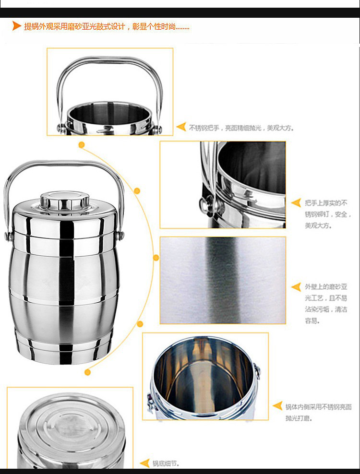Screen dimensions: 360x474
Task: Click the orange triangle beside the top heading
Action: (17, 26)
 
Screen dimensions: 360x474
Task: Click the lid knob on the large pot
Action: (65, 200)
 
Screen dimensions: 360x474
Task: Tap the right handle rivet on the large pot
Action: (120, 235)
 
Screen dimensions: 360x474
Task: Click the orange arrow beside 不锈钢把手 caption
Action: (181, 127)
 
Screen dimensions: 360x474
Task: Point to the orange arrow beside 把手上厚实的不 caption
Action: (296, 203)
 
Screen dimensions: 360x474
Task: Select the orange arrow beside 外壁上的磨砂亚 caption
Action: (296, 287)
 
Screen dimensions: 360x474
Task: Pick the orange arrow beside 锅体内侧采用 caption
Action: (277, 406)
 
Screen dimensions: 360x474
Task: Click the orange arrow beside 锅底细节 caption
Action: (145, 463)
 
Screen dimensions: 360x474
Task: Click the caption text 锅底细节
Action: (166, 463)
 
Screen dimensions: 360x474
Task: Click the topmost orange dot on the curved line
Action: (82, 145)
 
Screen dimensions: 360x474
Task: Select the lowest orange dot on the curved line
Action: (88, 372)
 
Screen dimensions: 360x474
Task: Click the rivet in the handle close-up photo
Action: (205, 204)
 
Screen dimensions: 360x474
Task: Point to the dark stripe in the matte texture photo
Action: (223, 280)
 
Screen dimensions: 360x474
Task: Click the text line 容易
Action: (312, 321)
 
